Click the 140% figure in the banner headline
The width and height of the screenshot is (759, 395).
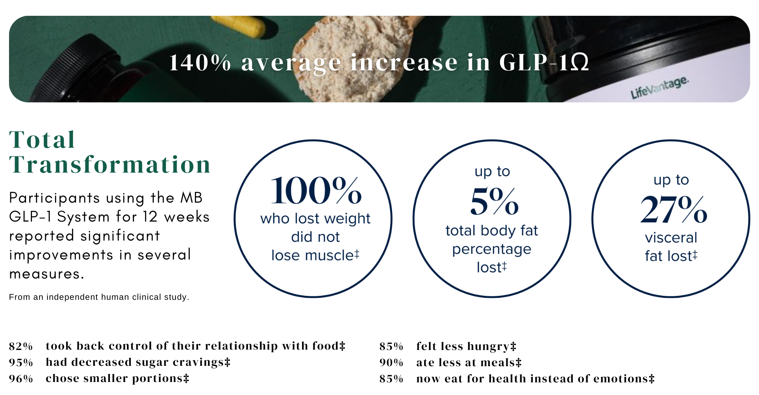(200, 62)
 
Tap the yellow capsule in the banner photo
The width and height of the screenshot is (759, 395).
(239, 26)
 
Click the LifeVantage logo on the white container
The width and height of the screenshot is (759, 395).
(659, 87)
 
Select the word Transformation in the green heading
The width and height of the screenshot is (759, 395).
(110, 164)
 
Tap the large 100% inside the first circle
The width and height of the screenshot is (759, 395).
(316, 191)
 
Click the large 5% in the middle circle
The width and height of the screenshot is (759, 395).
(494, 201)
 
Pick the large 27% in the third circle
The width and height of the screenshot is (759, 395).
(673, 209)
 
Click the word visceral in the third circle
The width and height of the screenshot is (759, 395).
(671, 238)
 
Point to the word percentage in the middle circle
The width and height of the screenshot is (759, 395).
(492, 250)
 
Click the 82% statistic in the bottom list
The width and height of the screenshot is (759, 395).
(21, 346)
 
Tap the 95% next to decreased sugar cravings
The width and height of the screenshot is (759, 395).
(21, 363)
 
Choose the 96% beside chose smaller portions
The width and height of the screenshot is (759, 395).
(21, 379)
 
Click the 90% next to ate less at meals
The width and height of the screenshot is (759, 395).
(391, 363)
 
